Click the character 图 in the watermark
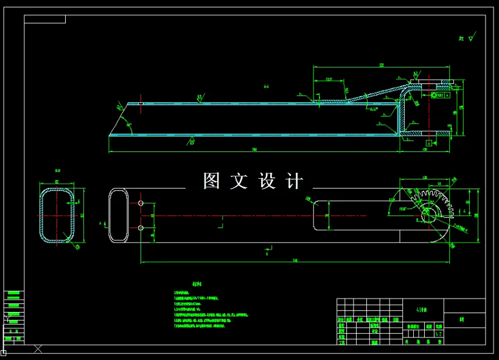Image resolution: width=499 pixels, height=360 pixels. pos(212,181)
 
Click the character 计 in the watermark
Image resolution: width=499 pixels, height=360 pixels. pos(293,181)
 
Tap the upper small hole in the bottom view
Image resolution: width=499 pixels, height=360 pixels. pos(141,202)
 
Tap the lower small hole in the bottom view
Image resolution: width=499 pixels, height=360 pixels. pos(141,228)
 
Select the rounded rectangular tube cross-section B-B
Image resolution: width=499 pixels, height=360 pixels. pos(57,215)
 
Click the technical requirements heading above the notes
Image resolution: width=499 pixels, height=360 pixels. pos(197,284)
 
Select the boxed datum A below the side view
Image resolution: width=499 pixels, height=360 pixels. pos(428,143)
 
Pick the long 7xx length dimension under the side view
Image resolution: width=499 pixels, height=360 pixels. pos(254,150)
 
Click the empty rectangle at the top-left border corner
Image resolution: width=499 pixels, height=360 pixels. pos(44,19)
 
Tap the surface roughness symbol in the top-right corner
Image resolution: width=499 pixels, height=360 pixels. pos(466,38)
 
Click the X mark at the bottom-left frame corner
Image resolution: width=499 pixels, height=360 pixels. pos(38,349)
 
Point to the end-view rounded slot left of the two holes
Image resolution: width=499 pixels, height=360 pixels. pos(118,215)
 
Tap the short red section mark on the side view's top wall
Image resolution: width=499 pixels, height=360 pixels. pos(141,103)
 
